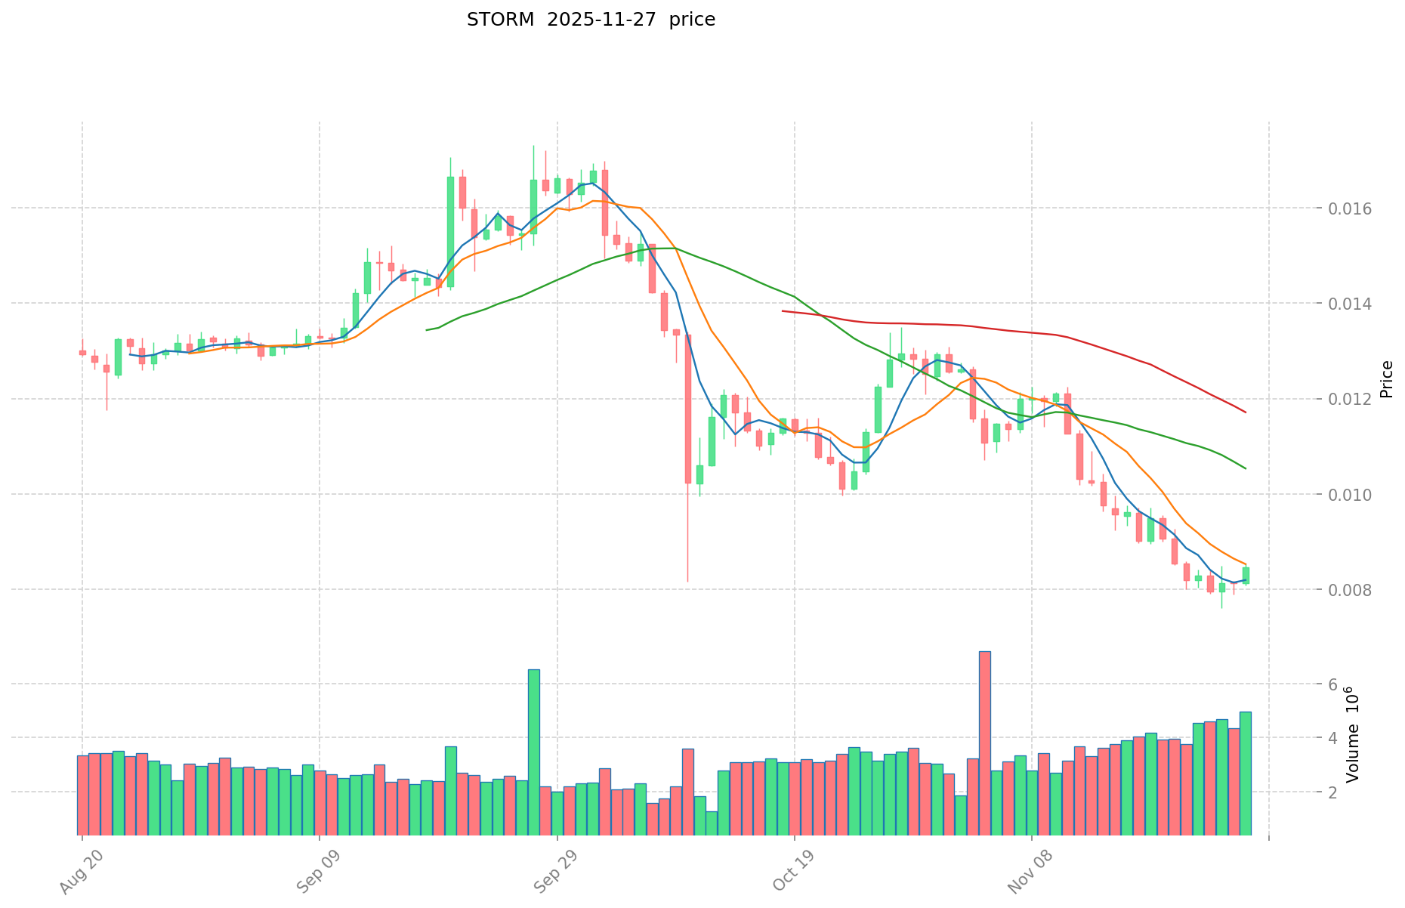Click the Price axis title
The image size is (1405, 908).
(x=1386, y=379)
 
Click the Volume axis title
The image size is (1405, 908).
(x=1353, y=735)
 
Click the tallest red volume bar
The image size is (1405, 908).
(x=984, y=740)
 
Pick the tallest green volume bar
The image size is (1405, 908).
(x=533, y=748)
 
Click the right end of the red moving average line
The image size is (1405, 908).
(x=1245, y=412)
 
